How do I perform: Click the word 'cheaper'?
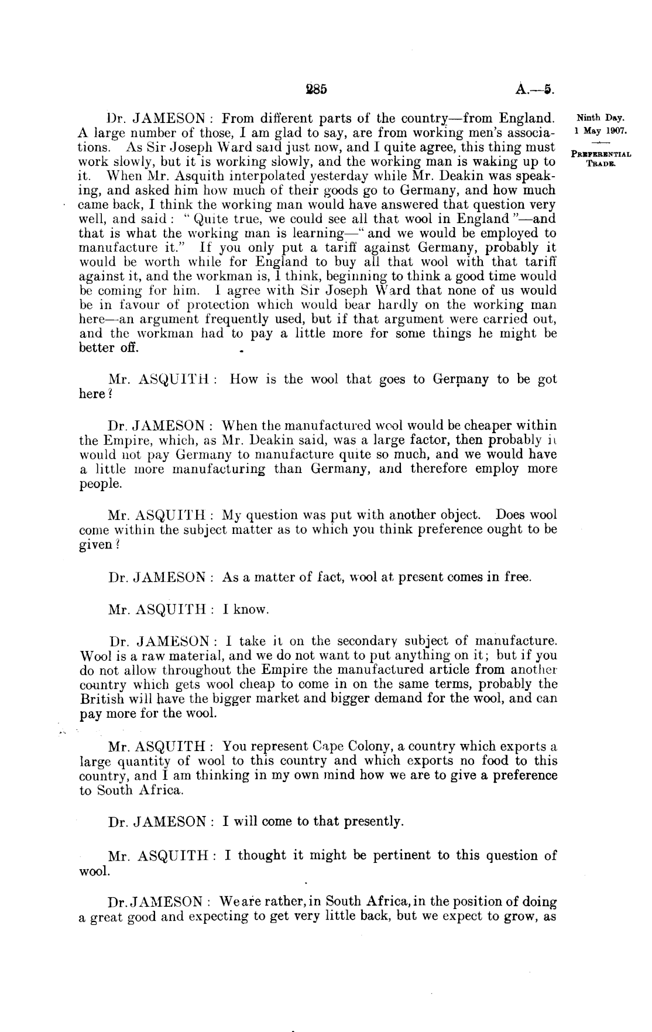point(456,426)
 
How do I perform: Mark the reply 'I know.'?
point(246,610)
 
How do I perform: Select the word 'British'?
point(102,698)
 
